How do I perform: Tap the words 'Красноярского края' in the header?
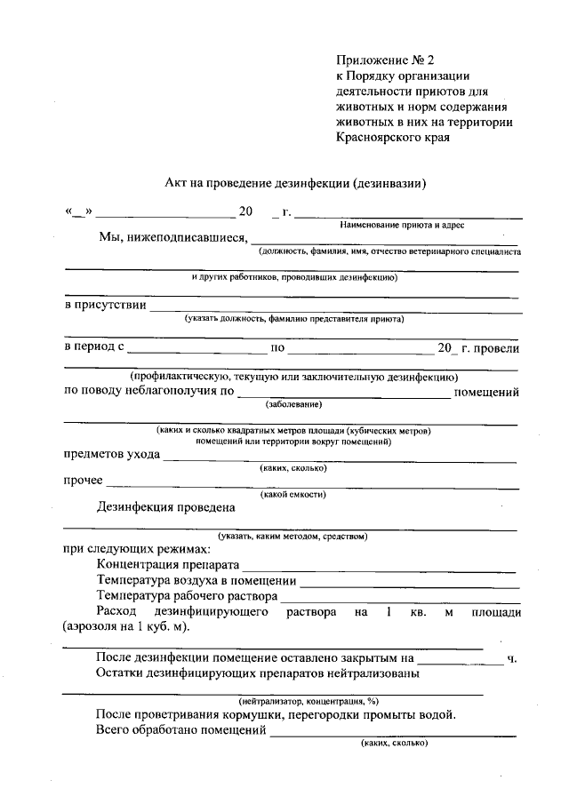coord(393,138)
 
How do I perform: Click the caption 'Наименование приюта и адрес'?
coord(407,226)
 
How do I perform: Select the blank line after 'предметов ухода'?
coord(340,458)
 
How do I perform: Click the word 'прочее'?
coord(83,482)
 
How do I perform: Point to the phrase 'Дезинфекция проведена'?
coord(165,508)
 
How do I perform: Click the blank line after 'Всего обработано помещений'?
coord(392,734)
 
